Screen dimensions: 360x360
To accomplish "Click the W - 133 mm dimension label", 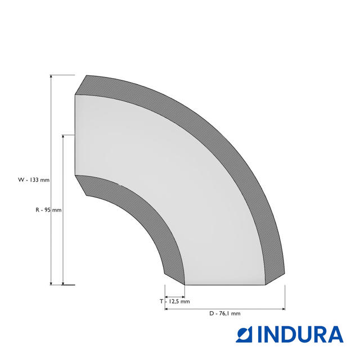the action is [34, 180].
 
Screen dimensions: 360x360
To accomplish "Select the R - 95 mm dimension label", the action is [48, 210].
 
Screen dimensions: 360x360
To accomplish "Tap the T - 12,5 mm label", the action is [175, 301].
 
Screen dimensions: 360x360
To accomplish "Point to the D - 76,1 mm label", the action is [225, 313].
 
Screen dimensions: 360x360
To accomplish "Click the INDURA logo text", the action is [300, 335].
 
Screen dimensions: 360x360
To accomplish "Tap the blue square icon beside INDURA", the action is [244, 335].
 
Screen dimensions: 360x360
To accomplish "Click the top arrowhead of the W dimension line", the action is [51, 77].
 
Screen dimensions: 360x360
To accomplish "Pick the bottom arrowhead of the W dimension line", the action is [51, 283].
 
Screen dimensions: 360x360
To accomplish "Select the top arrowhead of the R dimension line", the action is [63, 137].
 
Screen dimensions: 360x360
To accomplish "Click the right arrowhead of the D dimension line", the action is [283, 309].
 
